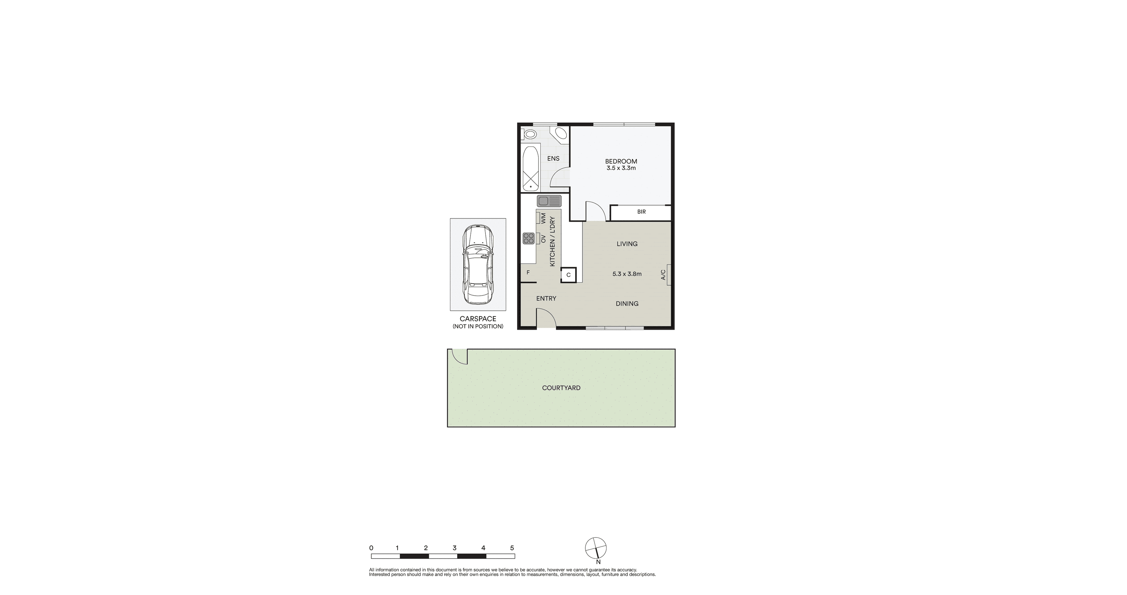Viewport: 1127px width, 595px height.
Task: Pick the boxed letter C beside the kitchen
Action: [568, 275]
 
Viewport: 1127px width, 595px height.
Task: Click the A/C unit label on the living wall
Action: [663, 275]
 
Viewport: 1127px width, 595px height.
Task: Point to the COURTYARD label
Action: [561, 388]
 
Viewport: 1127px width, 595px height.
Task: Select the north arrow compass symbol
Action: [596, 548]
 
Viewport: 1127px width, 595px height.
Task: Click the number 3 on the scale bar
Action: [455, 548]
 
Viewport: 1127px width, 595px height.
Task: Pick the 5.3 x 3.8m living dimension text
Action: [627, 274]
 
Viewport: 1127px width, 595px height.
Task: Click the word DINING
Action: [627, 304]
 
